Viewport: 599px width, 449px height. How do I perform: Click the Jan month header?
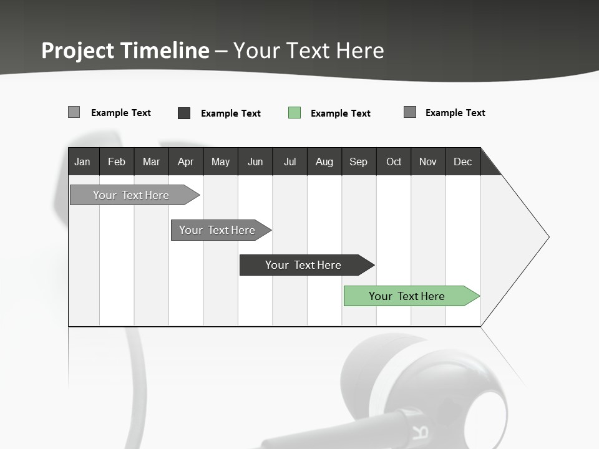point(82,162)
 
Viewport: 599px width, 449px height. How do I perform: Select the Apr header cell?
point(186,162)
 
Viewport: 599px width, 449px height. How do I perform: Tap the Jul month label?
point(290,162)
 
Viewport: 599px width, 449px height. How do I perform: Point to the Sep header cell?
point(358,162)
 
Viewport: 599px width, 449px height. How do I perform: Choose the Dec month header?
point(462,162)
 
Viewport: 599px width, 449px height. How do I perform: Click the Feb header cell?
point(117,162)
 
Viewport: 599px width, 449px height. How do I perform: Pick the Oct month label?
point(394,162)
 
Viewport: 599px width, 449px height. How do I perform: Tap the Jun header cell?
point(255,162)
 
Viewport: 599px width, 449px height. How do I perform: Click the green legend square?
point(295,113)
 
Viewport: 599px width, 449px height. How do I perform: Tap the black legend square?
point(184,113)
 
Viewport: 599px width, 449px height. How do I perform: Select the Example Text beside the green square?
point(341,113)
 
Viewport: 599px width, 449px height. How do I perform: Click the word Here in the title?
point(360,51)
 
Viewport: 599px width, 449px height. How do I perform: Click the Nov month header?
point(428,162)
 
